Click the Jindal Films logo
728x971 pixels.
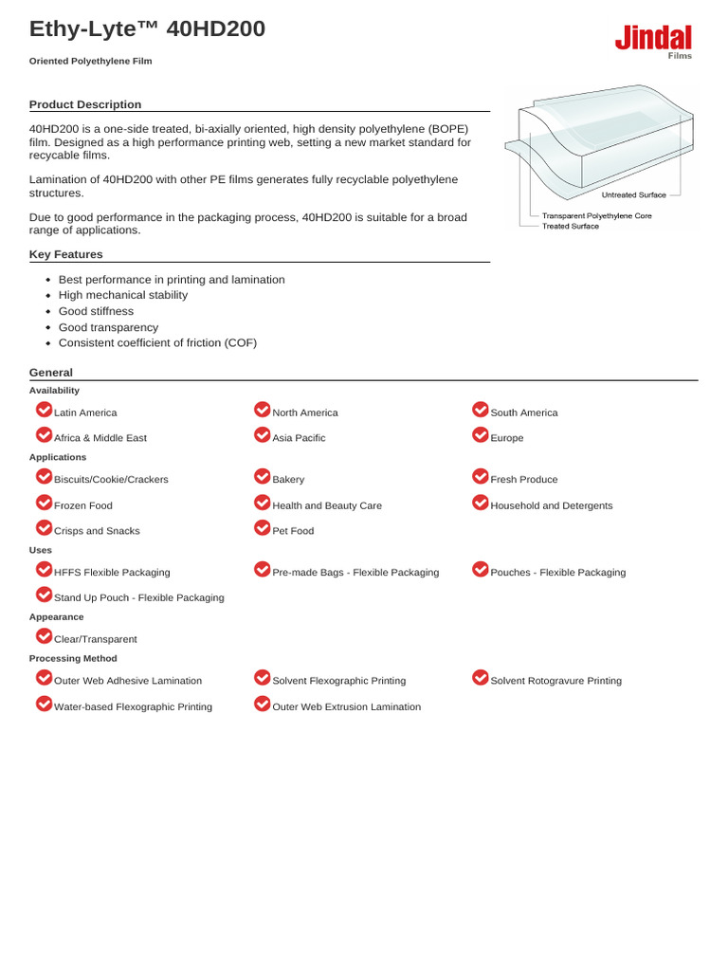click(x=653, y=42)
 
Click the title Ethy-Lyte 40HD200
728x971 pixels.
click(x=147, y=29)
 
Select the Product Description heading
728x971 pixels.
click(x=85, y=104)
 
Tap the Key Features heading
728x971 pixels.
click(x=66, y=254)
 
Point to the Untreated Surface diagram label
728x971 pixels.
click(x=634, y=194)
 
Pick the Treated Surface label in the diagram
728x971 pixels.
click(x=570, y=227)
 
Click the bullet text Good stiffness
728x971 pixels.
click(x=96, y=311)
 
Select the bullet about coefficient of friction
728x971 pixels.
click(x=157, y=342)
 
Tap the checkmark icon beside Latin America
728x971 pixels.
click(x=44, y=410)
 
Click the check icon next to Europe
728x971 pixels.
click(x=480, y=435)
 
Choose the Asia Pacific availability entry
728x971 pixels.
click(x=299, y=438)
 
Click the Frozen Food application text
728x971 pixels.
click(x=83, y=505)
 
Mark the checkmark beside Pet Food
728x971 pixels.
click(x=263, y=528)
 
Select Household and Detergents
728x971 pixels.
click(x=551, y=505)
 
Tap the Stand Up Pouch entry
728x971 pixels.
click(x=138, y=597)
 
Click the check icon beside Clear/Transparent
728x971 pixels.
click(x=44, y=636)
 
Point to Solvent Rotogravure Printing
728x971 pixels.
click(x=555, y=681)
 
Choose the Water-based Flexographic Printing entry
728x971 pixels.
click(x=133, y=706)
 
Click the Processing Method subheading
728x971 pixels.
click(x=73, y=658)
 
